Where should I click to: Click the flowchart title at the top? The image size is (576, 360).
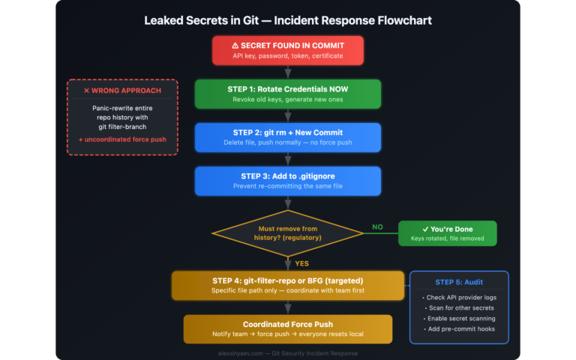pyautogui.click(x=288, y=19)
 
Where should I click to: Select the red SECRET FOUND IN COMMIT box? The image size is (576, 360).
pyautogui.click(x=288, y=49)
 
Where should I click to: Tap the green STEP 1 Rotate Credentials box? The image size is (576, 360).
pyautogui.click(x=288, y=94)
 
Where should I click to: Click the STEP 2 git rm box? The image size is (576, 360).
pyautogui.click(x=288, y=137)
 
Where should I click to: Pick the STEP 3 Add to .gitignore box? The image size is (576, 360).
pyautogui.click(x=288, y=181)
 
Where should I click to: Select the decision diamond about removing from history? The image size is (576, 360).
pyautogui.click(x=288, y=232)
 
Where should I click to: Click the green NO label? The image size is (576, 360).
pyautogui.click(x=377, y=226)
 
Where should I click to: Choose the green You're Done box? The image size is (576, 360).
pyautogui.click(x=447, y=232)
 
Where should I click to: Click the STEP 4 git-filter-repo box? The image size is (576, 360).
pyautogui.click(x=288, y=286)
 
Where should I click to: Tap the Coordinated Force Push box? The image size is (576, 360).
pyautogui.click(x=288, y=328)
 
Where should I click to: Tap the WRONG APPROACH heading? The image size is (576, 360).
pyautogui.click(x=122, y=90)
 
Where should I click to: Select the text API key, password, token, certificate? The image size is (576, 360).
pyautogui.click(x=288, y=55)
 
